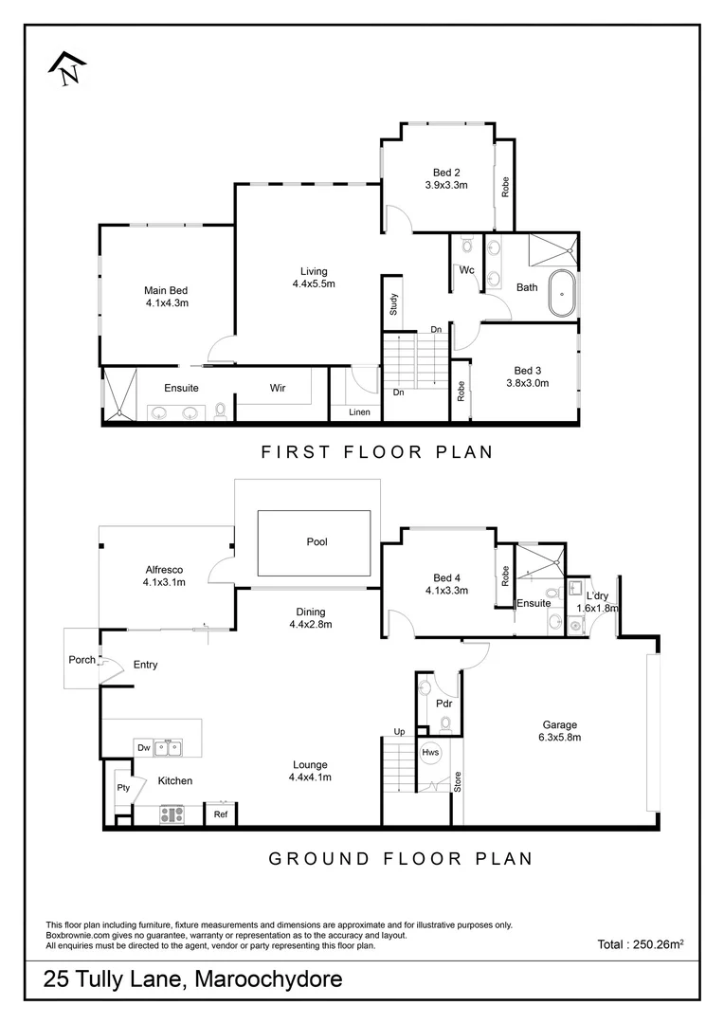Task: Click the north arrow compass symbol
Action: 66,68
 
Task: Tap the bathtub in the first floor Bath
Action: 563,293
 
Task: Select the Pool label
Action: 317,542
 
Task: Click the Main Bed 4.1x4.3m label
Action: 168,297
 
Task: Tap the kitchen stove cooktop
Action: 172,813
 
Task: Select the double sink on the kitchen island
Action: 168,747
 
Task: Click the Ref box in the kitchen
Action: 220,814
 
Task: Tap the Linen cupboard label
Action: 359,411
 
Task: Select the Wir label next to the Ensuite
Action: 278,388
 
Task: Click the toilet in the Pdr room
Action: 445,723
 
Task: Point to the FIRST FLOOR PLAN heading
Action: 377,451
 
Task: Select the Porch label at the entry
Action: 81,660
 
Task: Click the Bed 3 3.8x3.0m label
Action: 528,376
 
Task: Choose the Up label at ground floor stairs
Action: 400,732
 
